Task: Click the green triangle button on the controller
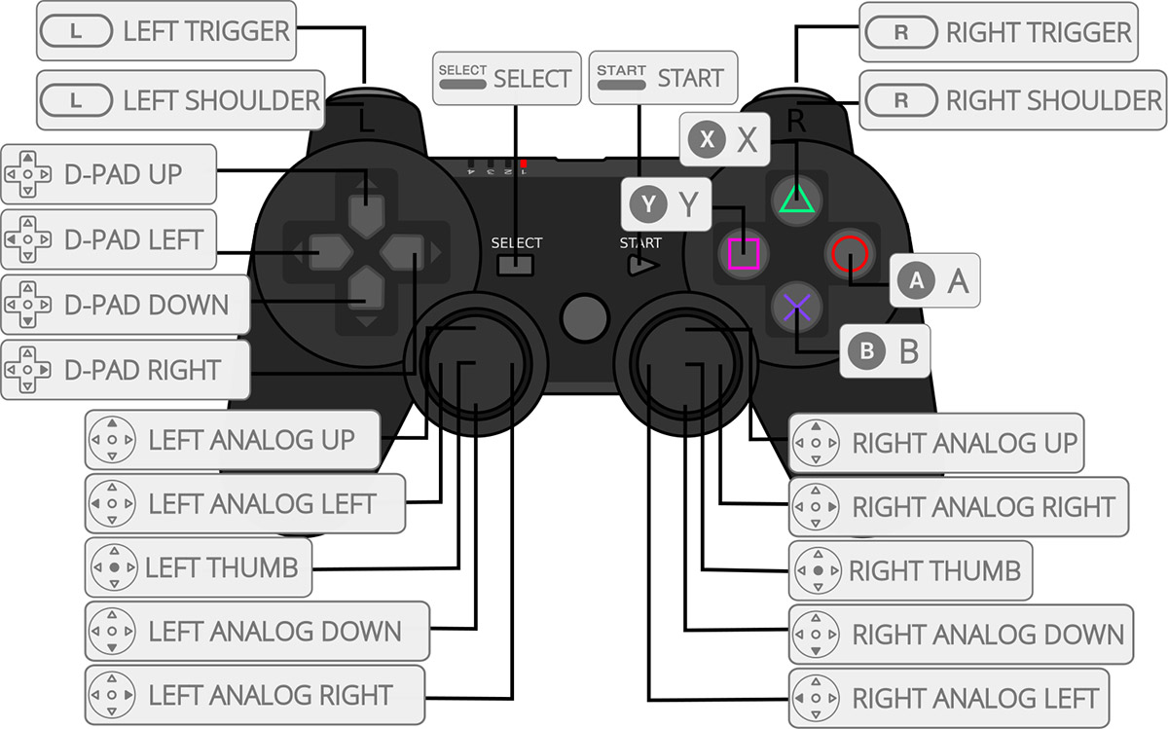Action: pyautogui.click(x=796, y=199)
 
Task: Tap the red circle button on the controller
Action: pyautogui.click(x=849, y=254)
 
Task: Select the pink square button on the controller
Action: pyautogui.click(x=744, y=254)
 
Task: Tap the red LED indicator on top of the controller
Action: pyautogui.click(x=524, y=164)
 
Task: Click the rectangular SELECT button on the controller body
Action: pyautogui.click(x=516, y=265)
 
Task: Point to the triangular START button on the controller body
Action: pyautogui.click(x=642, y=264)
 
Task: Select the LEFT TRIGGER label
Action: pyautogui.click(x=165, y=31)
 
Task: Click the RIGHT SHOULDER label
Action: pyautogui.click(x=1013, y=99)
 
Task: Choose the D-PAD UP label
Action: pyautogui.click(x=108, y=174)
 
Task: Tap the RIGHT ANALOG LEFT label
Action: pyautogui.click(x=949, y=698)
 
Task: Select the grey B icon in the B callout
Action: pyautogui.click(x=865, y=350)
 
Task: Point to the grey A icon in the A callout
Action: pyautogui.click(x=916, y=281)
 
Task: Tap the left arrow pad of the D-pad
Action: pyautogui.click(x=326, y=255)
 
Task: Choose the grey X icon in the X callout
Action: pyautogui.click(x=707, y=139)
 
